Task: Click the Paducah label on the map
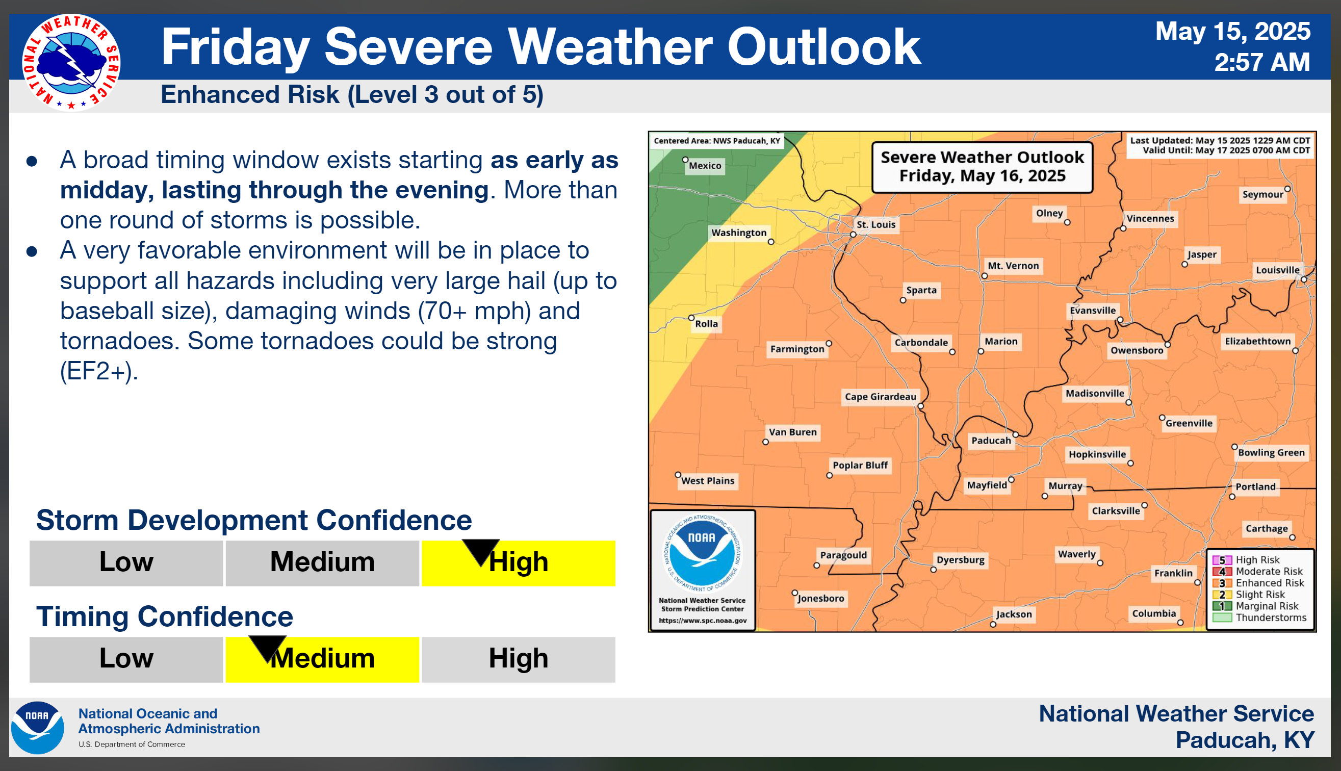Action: (991, 441)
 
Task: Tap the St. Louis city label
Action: (875, 224)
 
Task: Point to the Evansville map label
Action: (1093, 311)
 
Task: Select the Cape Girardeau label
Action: (880, 397)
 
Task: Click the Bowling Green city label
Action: (1271, 453)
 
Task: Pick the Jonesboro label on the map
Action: (820, 599)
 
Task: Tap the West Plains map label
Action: (707, 481)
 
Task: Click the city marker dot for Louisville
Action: (1304, 279)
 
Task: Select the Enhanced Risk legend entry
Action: (1259, 583)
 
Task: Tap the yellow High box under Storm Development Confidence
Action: (518, 563)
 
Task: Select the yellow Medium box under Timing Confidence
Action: (322, 660)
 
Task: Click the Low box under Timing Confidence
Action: (126, 660)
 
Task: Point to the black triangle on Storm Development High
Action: (481, 551)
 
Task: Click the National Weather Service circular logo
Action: (71, 63)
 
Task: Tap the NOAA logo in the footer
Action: (38, 728)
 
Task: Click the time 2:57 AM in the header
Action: (1261, 63)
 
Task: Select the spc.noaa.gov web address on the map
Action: (702, 621)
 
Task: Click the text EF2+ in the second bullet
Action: (98, 371)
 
